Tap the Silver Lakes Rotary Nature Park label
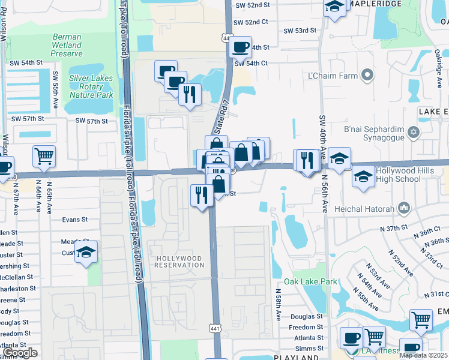(91, 86)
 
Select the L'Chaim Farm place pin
(368, 76)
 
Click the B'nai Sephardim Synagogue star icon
(412, 132)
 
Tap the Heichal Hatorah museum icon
(403, 208)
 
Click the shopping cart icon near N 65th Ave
(44, 156)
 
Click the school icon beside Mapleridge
(334, 7)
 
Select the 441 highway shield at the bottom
(214, 328)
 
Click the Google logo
(21, 353)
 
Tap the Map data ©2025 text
(423, 355)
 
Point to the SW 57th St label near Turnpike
(92, 121)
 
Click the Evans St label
(75, 220)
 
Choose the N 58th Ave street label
(279, 306)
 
